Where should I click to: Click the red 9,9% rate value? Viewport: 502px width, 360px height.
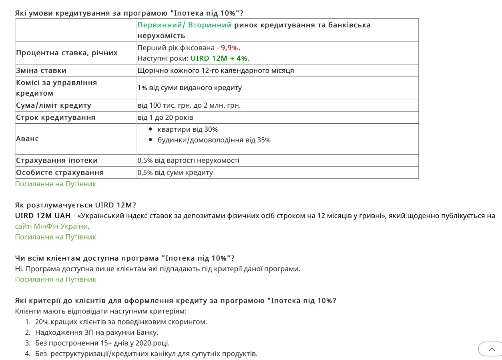pos(230,48)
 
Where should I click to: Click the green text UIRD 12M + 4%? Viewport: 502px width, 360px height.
pos(220,58)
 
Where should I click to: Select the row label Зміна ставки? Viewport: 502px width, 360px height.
pos(41,70)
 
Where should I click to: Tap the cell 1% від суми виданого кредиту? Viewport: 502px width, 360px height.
pos(189,88)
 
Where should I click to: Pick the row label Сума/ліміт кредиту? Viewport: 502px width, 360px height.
pos(54,105)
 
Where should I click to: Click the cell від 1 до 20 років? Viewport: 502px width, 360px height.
pos(165,117)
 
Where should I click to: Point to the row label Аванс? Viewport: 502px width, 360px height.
pos(28,139)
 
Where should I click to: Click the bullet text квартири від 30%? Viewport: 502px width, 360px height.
pos(187,129)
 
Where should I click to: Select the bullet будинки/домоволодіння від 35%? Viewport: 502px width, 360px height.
pos(214,140)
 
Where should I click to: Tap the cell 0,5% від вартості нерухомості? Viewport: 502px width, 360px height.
pos(188,161)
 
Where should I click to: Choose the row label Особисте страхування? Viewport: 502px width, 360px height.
pos(60,173)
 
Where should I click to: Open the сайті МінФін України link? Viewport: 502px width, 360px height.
pos(51,226)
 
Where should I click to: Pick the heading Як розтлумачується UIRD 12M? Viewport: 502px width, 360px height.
pos(75,205)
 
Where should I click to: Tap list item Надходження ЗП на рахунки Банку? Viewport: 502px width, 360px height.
pos(96,332)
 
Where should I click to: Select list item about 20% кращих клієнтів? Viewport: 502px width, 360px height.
pos(121,322)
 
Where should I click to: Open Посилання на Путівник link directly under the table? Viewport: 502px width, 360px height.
pos(56,184)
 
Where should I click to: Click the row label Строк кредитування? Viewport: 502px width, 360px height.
pos(56,117)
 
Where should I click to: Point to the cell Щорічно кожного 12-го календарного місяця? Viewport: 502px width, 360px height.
pos(215,70)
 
